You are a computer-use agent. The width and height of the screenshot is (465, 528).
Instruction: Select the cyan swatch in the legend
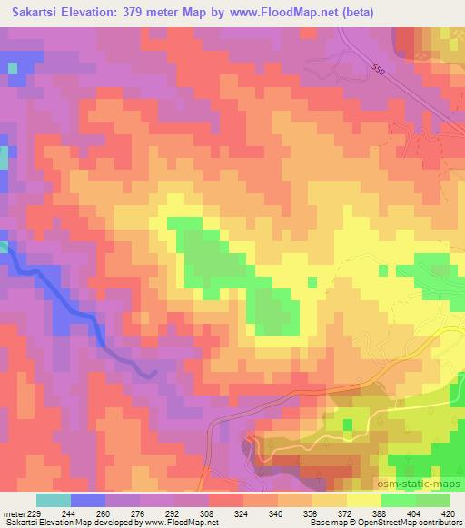54,500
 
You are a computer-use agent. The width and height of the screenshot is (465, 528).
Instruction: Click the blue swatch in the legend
87,500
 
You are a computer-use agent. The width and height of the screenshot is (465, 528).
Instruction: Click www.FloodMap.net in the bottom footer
182,523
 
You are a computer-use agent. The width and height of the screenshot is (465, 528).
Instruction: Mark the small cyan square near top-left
13,68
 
